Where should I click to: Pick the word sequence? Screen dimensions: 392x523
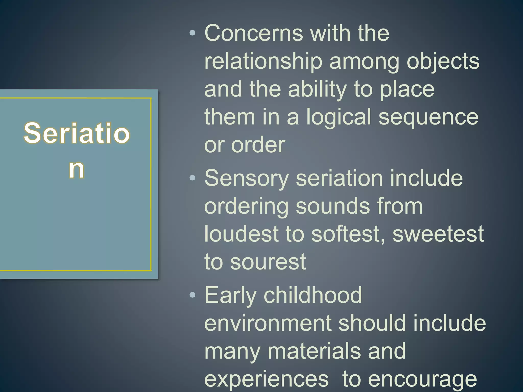pyautogui.click(x=428, y=117)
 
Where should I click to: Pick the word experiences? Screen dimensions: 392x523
pyautogui.click(x=266, y=379)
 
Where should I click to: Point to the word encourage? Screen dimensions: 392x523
pyautogui.click(x=422, y=380)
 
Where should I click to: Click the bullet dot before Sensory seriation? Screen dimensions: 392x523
pyautogui.click(x=193, y=178)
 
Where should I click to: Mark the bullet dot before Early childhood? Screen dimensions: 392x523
pyautogui.click(x=193, y=295)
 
